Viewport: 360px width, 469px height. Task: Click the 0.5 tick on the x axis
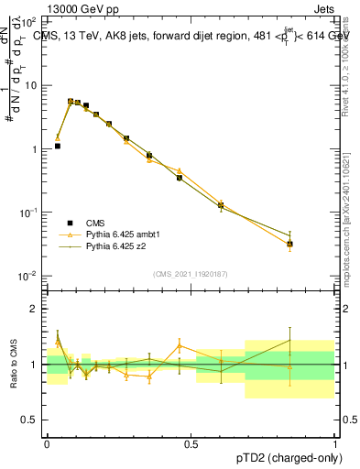(x=191, y=442)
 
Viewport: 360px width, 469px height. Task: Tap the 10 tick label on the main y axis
(x=33, y=85)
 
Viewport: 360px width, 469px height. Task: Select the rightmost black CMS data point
(x=290, y=244)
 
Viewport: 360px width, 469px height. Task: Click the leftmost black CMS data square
(x=58, y=146)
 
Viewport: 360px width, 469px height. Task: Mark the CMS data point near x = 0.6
(x=221, y=206)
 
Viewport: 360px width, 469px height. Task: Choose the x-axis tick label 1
(x=334, y=442)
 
